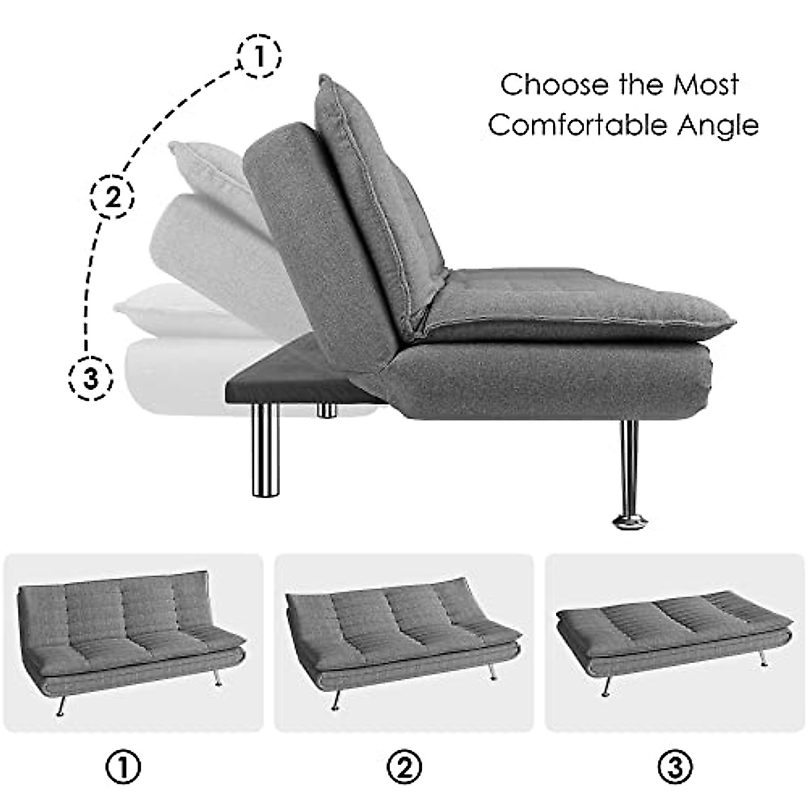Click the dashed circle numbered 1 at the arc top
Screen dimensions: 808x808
coord(259,57)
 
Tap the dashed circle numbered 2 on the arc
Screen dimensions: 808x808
coord(112,197)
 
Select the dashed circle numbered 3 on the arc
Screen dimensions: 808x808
coord(91,379)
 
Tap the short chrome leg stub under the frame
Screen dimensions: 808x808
coord(327,411)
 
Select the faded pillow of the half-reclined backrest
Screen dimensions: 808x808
coord(202,162)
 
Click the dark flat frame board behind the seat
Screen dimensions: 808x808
coord(290,384)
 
